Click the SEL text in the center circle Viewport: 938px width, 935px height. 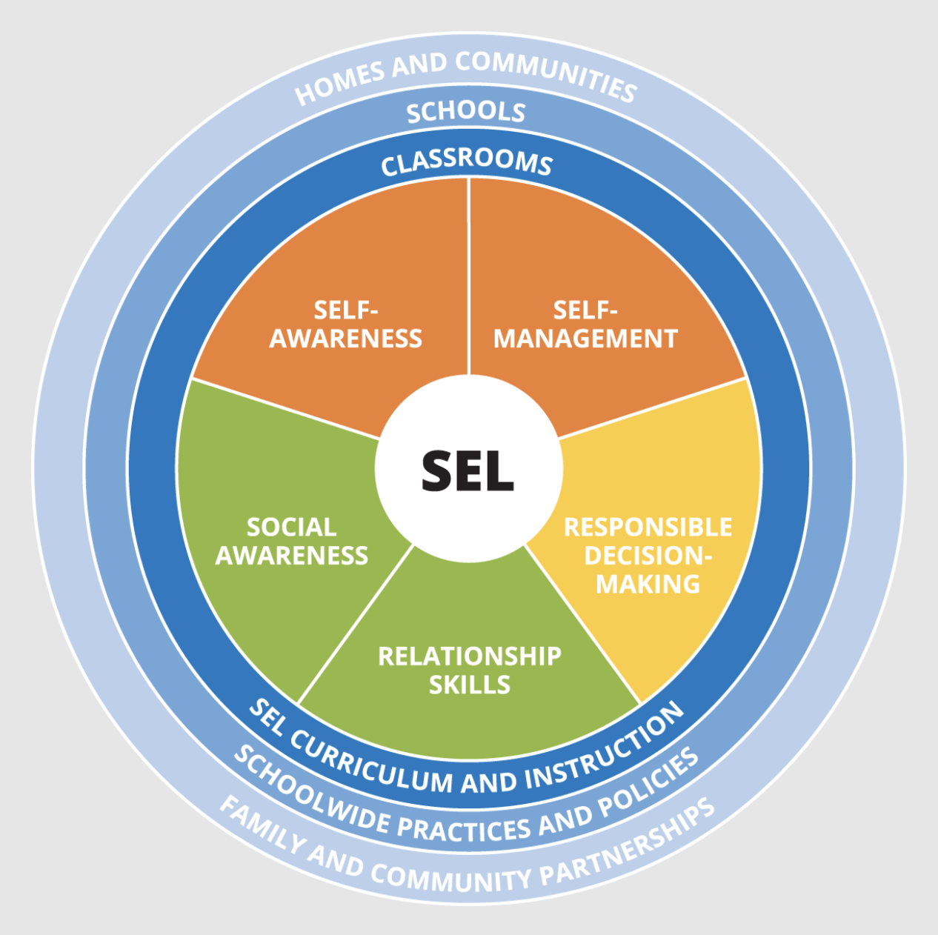(468, 470)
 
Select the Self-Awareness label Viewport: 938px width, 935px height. (345, 325)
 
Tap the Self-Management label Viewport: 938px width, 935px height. (585, 325)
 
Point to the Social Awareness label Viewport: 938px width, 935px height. (291, 542)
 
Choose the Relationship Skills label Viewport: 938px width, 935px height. (470, 670)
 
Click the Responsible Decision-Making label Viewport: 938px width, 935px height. (648, 556)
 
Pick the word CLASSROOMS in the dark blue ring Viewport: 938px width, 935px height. (467, 162)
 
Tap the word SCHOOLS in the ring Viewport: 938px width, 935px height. (466, 112)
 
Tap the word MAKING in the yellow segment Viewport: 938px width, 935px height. (648, 584)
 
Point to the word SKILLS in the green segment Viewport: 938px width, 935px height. (470, 685)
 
